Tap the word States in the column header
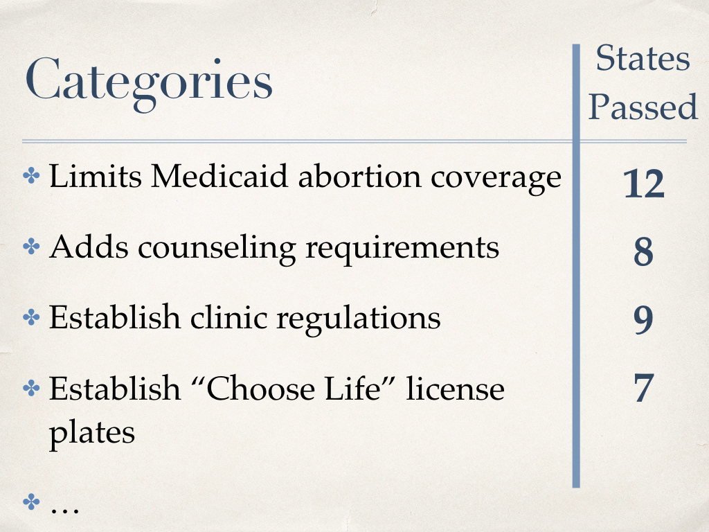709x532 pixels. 643,58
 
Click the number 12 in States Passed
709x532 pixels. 643,184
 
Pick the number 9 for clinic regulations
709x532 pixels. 643,319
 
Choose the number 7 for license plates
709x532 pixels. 644,388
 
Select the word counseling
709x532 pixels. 217,249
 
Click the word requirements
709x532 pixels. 402,249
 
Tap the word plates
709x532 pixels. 92,433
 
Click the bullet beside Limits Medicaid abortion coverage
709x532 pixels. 31,175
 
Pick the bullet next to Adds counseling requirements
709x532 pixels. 31,247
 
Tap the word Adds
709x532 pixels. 89,247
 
